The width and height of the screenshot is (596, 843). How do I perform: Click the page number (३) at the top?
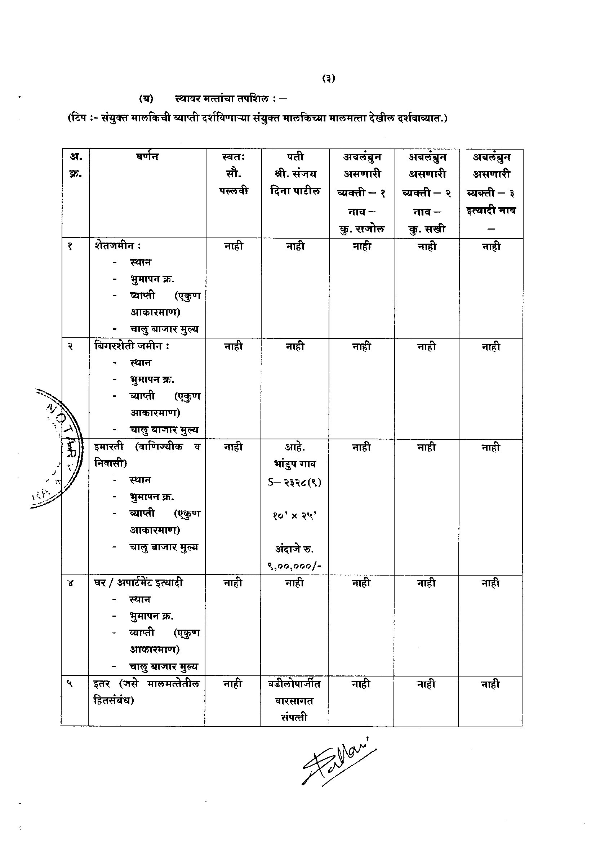[x=329, y=78]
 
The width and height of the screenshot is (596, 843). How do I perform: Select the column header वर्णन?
[x=147, y=157]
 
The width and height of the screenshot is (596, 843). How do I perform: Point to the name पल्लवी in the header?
[x=233, y=191]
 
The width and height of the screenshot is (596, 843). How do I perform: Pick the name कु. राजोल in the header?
[x=361, y=229]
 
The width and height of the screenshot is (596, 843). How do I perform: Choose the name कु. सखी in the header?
[x=427, y=229]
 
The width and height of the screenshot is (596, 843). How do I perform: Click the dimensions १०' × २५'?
[x=295, y=515]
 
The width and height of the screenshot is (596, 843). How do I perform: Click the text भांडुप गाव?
[x=295, y=464]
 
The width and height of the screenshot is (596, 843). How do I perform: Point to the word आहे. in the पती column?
[x=295, y=447]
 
